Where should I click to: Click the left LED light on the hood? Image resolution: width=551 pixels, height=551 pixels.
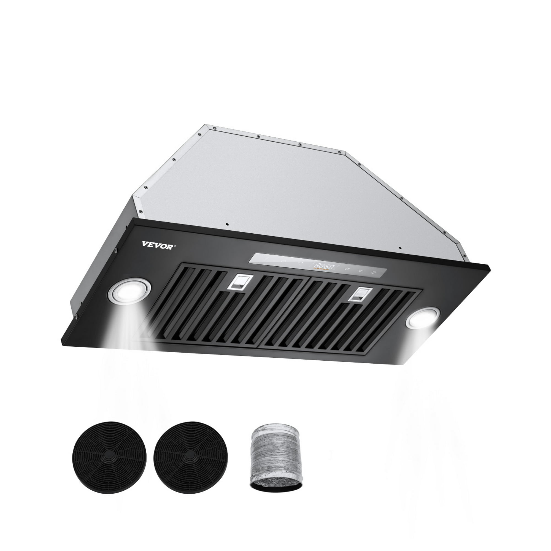coord(129,292)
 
